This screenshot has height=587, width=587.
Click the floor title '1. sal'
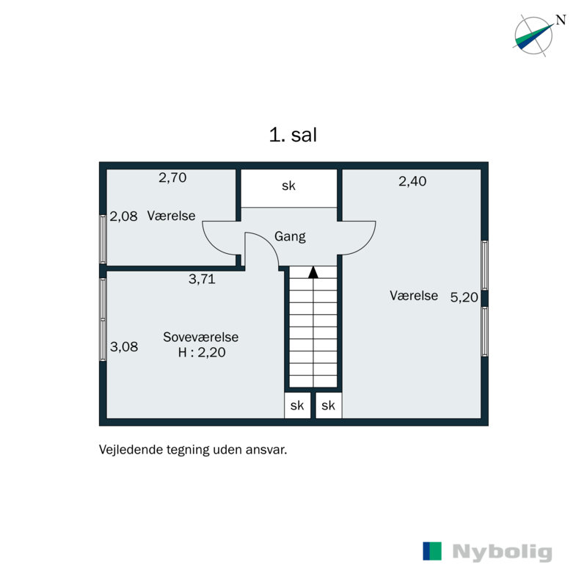(x=293, y=135)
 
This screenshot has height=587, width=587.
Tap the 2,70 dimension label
(x=173, y=177)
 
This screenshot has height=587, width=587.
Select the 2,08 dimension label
(x=123, y=216)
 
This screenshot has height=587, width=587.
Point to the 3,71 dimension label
(x=202, y=279)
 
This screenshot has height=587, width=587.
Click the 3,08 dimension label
(x=123, y=347)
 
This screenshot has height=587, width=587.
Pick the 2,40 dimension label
(x=412, y=181)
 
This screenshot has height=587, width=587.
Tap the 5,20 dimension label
(x=464, y=296)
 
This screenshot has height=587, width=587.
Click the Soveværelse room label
(x=200, y=338)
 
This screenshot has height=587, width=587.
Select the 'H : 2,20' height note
(x=201, y=352)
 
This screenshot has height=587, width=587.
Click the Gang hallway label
(x=290, y=236)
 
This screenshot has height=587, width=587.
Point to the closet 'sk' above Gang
(x=289, y=186)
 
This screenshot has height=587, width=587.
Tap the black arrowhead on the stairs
(x=313, y=272)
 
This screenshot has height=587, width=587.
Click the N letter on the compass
(x=561, y=21)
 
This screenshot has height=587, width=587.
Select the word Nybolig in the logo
(x=502, y=553)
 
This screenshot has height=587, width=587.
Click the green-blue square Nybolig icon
(x=433, y=551)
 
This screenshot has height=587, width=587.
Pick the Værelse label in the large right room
(x=414, y=296)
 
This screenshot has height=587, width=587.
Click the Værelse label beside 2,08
(x=171, y=216)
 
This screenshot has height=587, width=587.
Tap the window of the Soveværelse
(x=103, y=319)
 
